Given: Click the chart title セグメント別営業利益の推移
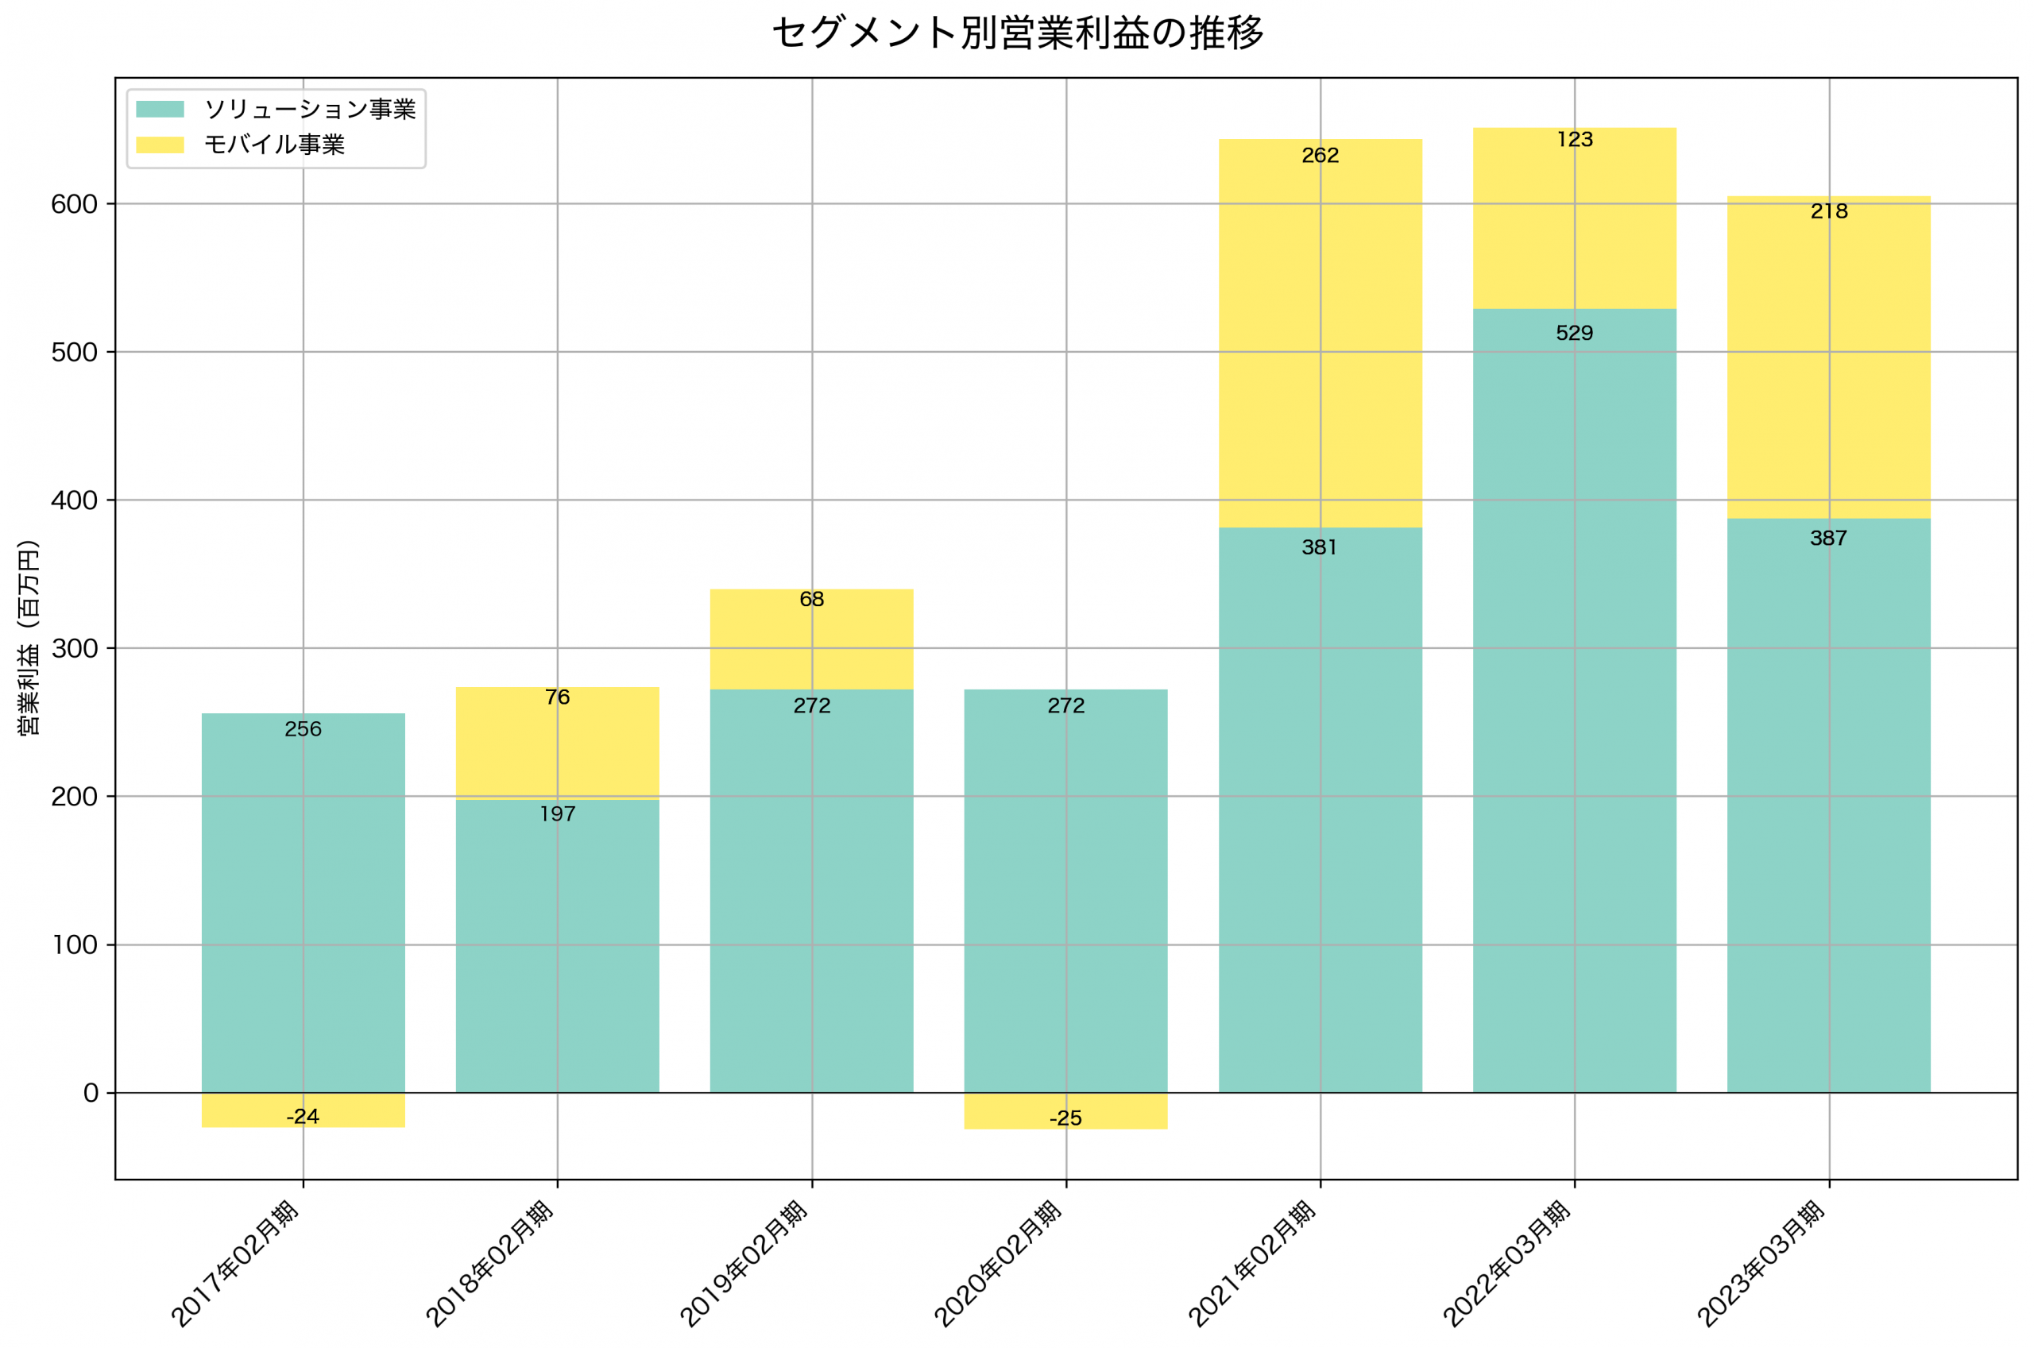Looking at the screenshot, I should (x=1017, y=33).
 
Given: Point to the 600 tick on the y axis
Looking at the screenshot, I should (x=74, y=205).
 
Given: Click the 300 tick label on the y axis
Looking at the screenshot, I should (x=74, y=649).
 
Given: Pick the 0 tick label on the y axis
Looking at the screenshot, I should (x=91, y=1094).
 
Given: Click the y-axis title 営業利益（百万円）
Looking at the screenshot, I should (x=29, y=637).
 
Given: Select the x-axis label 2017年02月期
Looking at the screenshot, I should (x=234, y=1264).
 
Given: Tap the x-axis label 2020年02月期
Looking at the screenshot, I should (x=997, y=1264).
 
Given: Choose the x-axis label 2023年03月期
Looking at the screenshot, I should (x=1760, y=1264).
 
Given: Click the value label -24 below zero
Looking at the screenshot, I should (x=303, y=1117).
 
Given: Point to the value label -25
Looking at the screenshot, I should (x=1065, y=1118).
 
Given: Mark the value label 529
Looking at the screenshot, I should (x=1574, y=334).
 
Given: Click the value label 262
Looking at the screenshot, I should (x=1320, y=156).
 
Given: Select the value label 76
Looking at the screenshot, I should (x=557, y=697).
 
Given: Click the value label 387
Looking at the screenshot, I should (x=1827, y=539).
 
